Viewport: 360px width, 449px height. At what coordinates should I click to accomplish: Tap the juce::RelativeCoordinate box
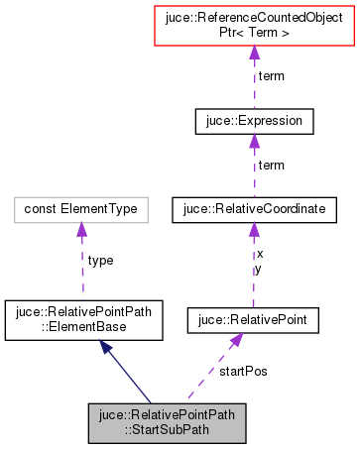(x=253, y=209)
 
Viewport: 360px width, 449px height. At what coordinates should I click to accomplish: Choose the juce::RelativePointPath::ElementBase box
(x=79, y=318)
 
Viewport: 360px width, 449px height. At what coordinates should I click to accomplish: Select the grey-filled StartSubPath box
(x=165, y=422)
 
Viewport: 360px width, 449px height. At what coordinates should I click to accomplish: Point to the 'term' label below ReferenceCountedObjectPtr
(x=271, y=76)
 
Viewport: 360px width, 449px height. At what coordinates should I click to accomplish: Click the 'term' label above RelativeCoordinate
(x=271, y=165)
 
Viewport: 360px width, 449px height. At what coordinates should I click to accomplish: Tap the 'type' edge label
(x=100, y=261)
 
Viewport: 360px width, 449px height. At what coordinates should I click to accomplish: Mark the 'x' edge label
(x=260, y=254)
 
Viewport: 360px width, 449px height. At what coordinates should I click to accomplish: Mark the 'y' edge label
(x=260, y=268)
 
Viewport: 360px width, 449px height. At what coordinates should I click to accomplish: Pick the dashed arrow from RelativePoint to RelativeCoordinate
(x=253, y=268)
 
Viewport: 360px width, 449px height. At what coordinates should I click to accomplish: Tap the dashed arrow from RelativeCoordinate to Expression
(x=254, y=168)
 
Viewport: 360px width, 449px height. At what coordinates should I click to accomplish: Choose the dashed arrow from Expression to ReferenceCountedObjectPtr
(x=254, y=79)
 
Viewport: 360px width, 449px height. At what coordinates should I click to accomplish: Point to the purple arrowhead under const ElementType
(x=80, y=230)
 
